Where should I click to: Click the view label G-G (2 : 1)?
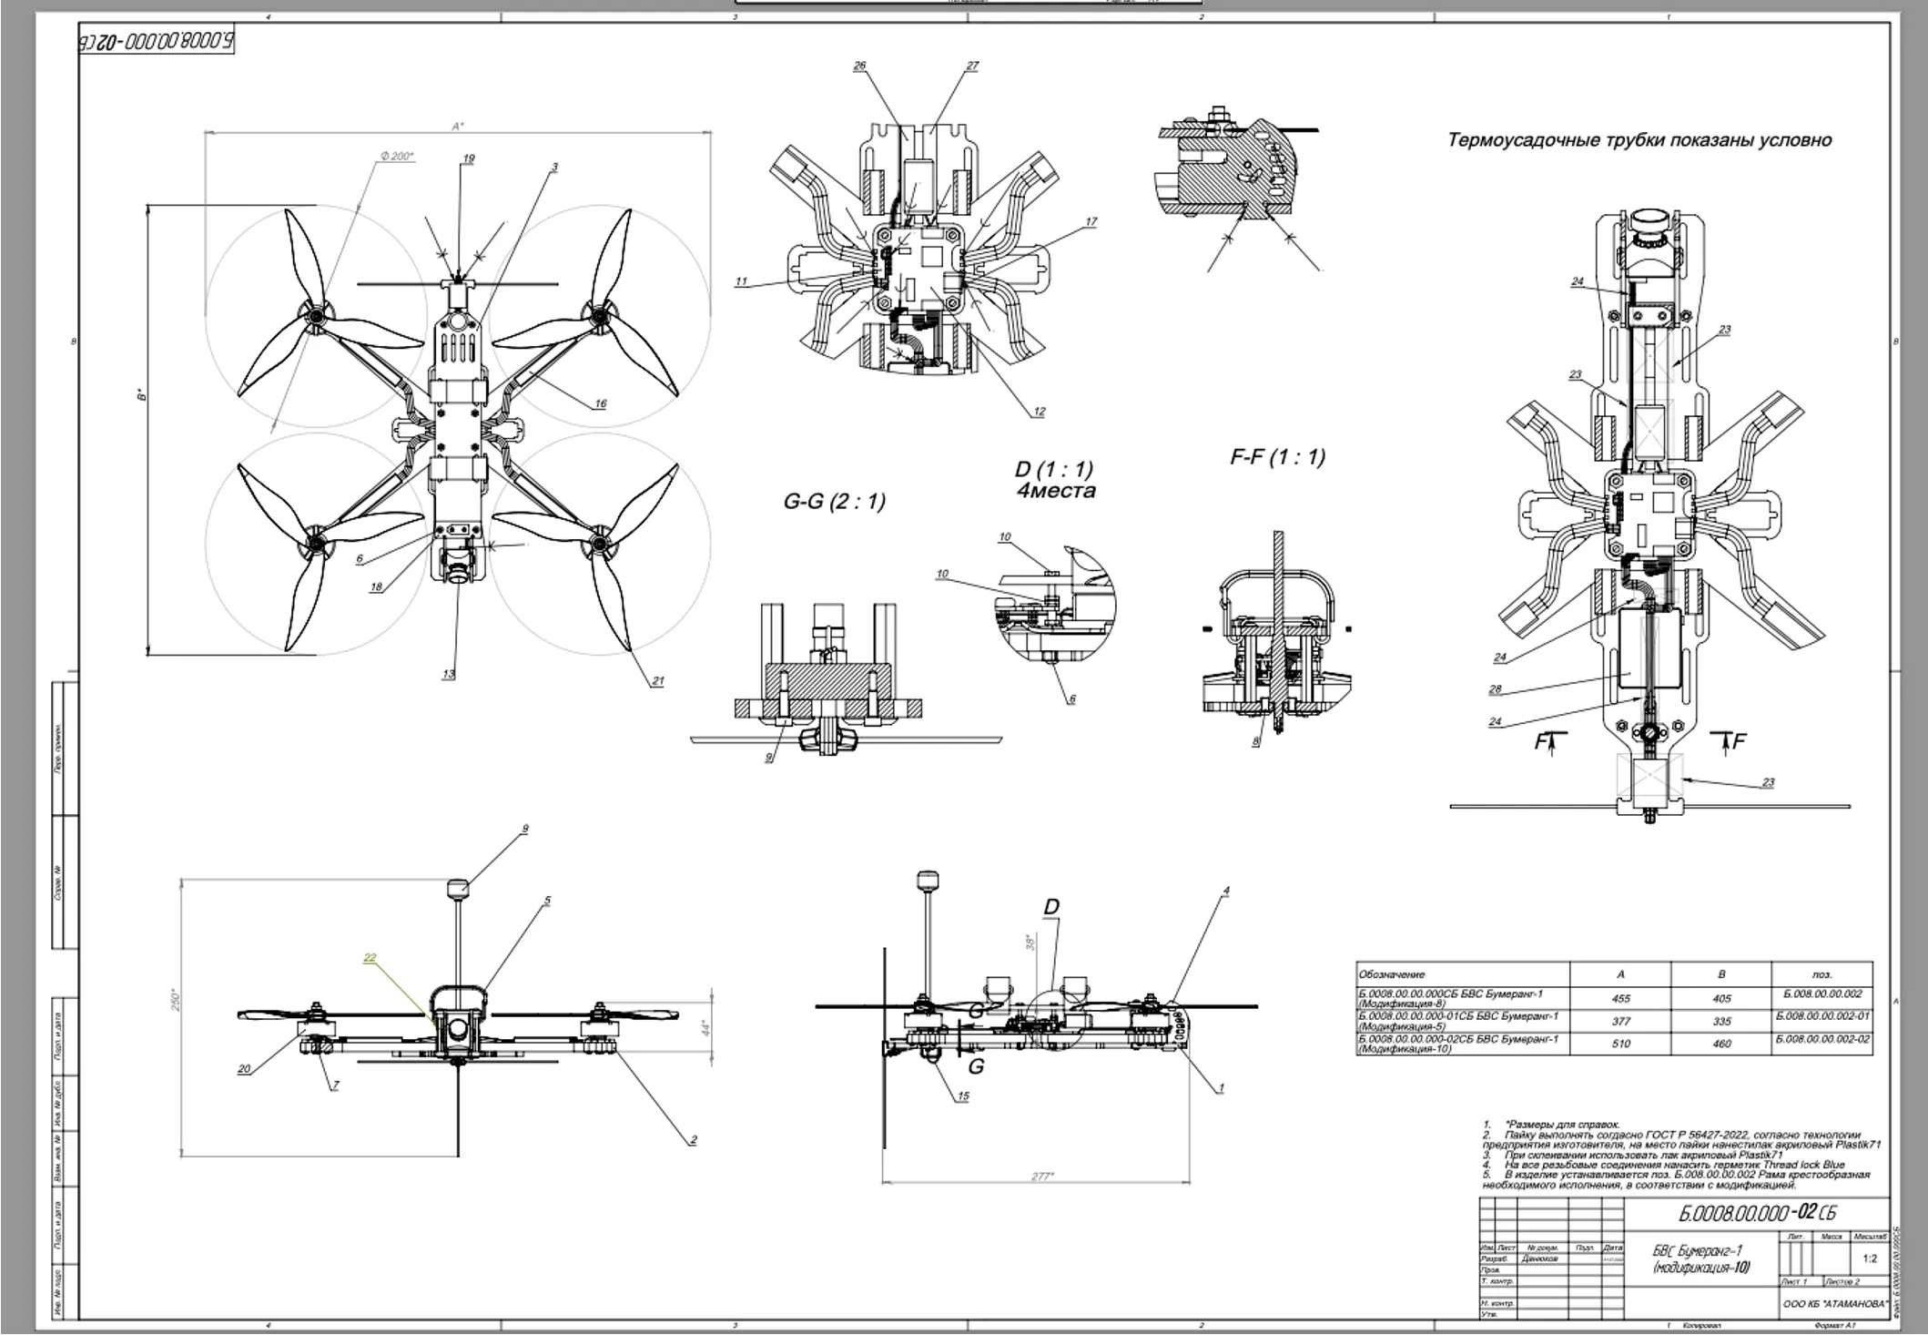coord(834,502)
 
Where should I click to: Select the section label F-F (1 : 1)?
coord(1277,457)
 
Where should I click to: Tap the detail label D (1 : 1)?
coord(1053,470)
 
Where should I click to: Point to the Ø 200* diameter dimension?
coord(397,157)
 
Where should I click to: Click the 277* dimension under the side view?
coord(1042,1177)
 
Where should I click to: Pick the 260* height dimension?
coord(177,1000)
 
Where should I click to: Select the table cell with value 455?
coord(1620,998)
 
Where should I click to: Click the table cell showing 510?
coord(1620,1044)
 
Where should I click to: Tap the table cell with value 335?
coord(1721,1022)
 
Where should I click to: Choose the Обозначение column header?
coord(1392,974)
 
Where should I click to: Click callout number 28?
coord(1495,689)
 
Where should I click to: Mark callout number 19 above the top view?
coord(469,158)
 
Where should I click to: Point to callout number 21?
coord(658,681)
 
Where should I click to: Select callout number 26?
coord(859,66)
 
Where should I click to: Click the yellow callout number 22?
coord(370,957)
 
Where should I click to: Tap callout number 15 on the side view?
coord(963,1096)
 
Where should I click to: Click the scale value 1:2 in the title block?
coord(1870,1259)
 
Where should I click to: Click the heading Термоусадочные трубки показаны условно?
coord(1639,140)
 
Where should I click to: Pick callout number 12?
coord(1040,412)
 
